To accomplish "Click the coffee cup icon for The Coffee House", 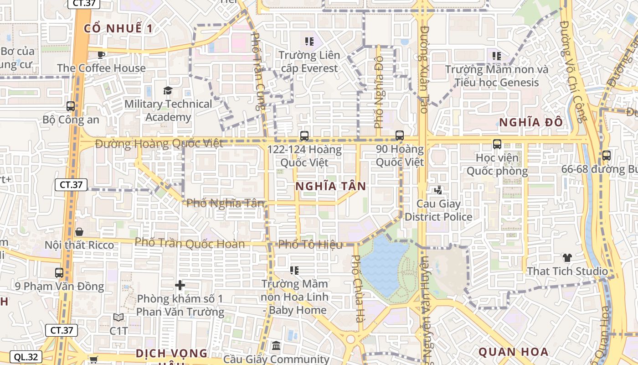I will [101, 55].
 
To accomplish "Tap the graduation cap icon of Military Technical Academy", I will [168, 90].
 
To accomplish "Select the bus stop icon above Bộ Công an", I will [71, 106].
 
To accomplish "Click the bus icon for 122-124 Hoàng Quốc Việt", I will [304, 136].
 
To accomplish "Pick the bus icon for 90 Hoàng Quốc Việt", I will [400, 135].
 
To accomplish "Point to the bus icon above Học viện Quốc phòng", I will [497, 144].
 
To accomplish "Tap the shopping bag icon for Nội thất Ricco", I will [79, 232].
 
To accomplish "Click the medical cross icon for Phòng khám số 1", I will [180, 286].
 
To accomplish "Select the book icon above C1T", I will [118, 318].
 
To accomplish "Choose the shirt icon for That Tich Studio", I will [567, 258].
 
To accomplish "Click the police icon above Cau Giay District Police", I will [438, 190].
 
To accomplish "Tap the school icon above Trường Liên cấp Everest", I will [309, 42].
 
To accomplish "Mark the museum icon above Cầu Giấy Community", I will [276, 346].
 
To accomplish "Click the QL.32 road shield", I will [26, 357].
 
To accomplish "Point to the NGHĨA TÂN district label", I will [330, 186].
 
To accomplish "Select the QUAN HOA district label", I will [513, 352].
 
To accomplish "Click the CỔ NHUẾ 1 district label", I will [118, 28].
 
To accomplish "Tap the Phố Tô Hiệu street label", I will [310, 245].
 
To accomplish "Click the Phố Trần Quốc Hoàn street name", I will [190, 243].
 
